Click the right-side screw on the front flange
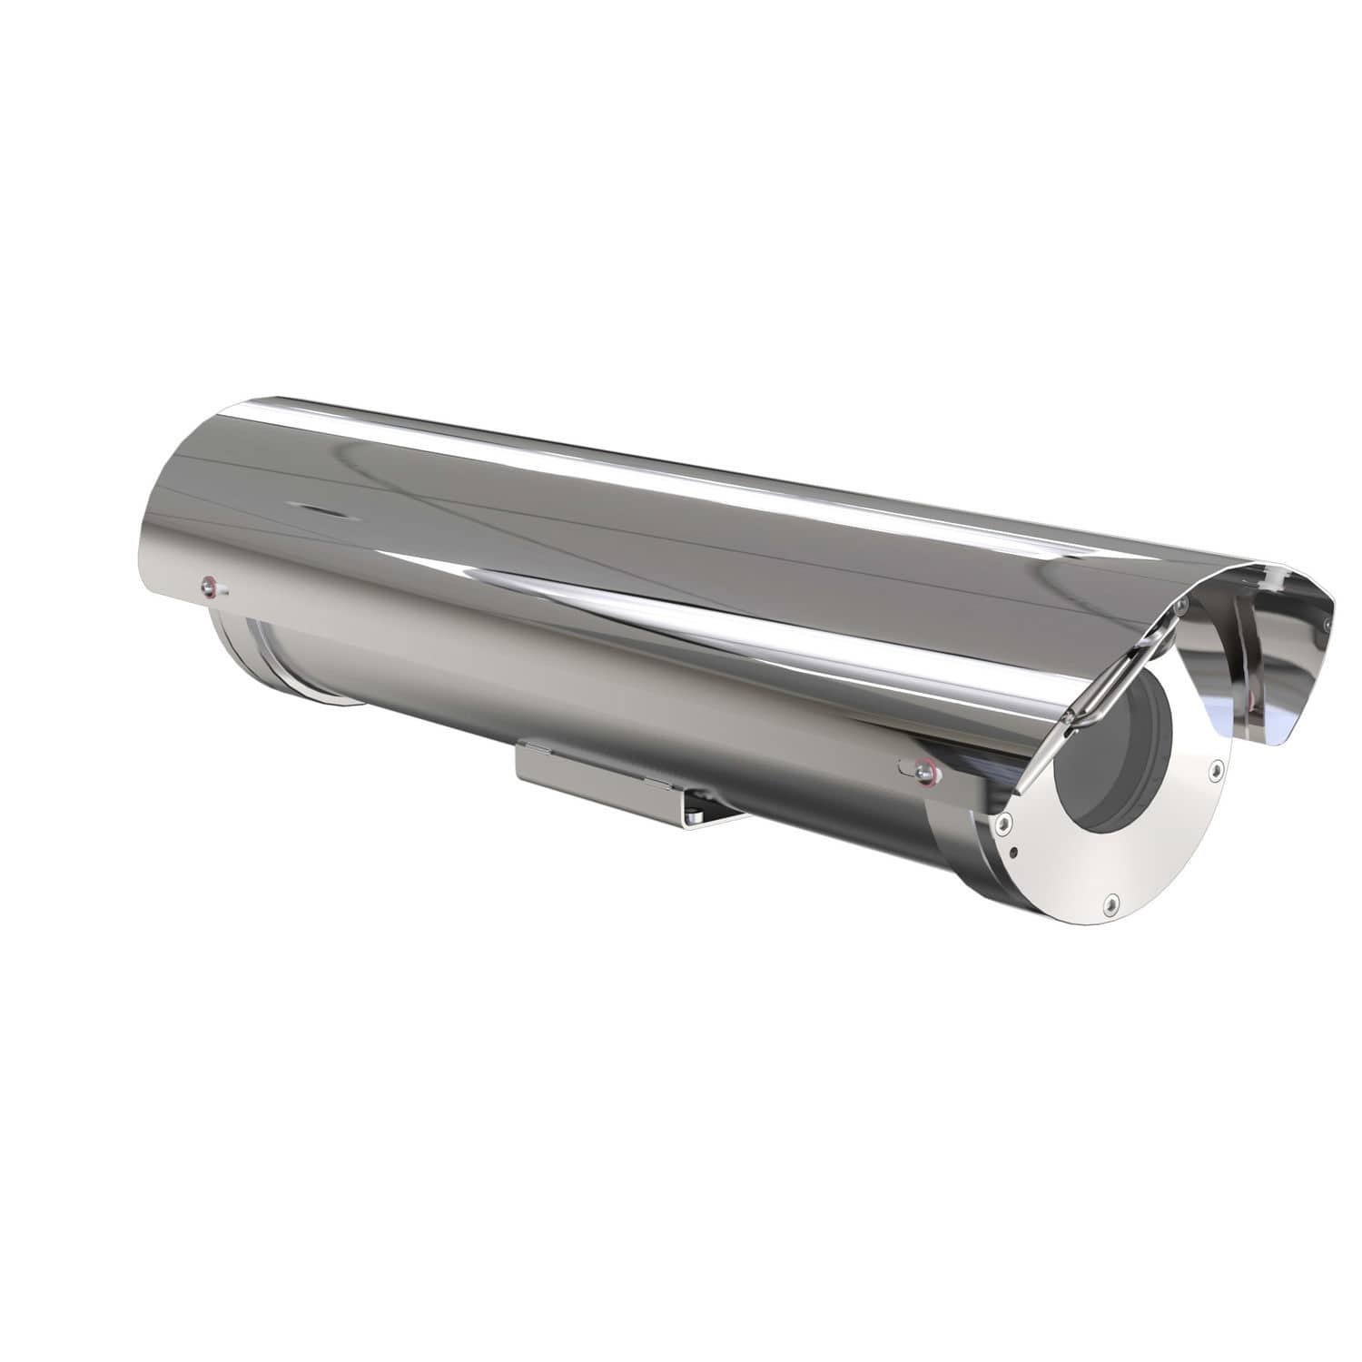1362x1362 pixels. pyautogui.click(x=1214, y=768)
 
